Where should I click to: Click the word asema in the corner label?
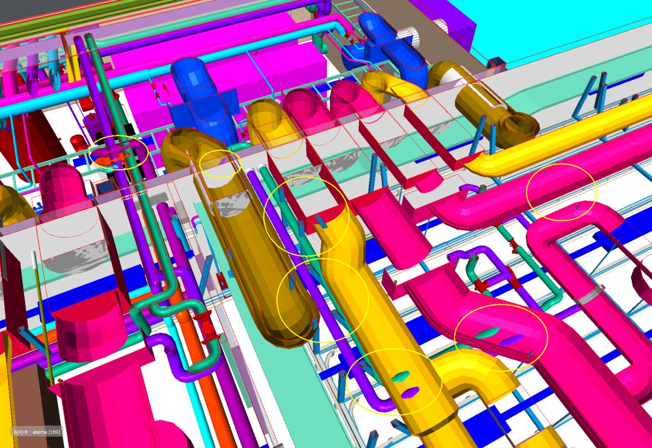tap(39, 432)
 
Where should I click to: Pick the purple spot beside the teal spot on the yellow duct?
tap(410, 392)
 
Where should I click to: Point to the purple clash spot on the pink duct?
tap(512, 339)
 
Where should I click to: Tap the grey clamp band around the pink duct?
tap(590, 295)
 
